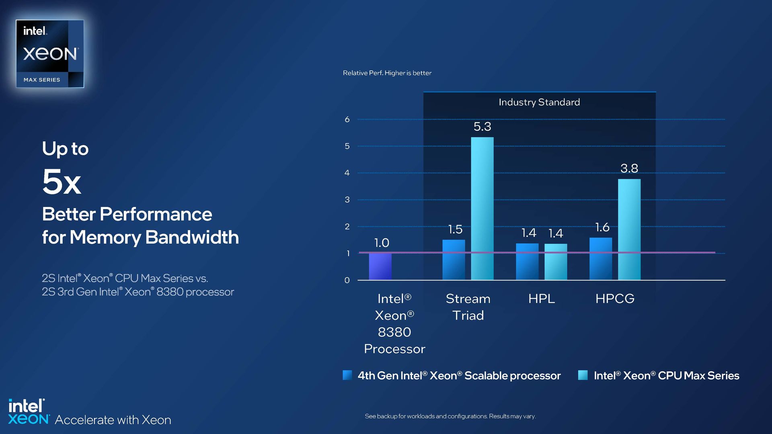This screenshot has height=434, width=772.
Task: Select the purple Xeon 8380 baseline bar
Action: coord(380,266)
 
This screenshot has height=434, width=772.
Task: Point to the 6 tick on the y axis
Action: coord(347,119)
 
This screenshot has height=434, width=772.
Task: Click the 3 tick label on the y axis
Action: coord(347,200)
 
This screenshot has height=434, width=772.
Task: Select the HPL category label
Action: coord(541,299)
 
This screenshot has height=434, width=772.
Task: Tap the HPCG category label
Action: coord(615,299)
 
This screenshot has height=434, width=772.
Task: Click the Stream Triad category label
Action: coord(468,307)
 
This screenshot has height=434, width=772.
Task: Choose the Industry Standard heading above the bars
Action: coord(539,102)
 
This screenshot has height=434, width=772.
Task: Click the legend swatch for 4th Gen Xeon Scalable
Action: coord(347,375)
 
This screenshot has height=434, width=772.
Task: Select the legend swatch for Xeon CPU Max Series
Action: coord(583,375)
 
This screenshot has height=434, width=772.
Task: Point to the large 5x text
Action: coord(62,182)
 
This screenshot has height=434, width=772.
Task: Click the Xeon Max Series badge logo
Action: coord(50,54)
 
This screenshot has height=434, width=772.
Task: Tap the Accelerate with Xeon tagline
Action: coord(113,420)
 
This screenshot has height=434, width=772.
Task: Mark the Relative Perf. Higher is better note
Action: coord(387,73)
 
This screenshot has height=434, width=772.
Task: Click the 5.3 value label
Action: coord(482,127)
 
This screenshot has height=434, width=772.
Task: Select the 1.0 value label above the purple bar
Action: coord(382,243)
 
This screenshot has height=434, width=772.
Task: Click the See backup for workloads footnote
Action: coord(450,416)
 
